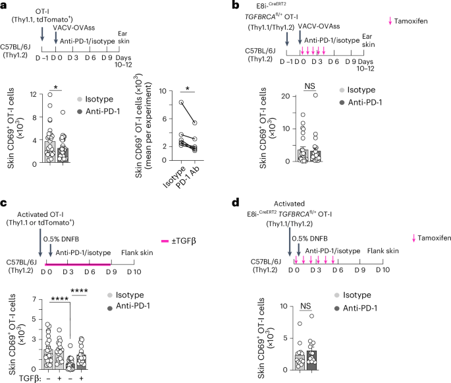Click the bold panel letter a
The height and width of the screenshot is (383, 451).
coord(5,5)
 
